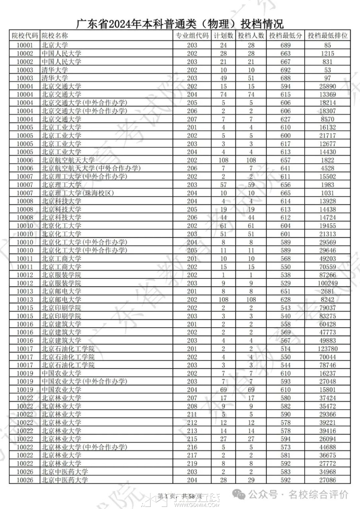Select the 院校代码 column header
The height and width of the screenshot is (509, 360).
pos(25,35)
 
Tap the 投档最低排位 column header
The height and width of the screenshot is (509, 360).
pos(328,35)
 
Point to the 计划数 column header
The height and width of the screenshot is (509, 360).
pos(223,35)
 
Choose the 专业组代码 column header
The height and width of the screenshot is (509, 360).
pos(192,35)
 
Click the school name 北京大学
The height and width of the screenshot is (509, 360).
pos(55,45)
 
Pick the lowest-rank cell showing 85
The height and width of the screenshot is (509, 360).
pos(328,45)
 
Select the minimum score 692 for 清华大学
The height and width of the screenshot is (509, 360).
pos(285,70)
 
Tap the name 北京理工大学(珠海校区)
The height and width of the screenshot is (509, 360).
pos(78,193)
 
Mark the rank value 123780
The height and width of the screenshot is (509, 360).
pos(328,349)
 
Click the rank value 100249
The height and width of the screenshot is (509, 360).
pos(328,283)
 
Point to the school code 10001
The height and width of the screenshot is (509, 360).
pos(25,45)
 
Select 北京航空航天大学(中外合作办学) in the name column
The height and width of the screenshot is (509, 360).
pos(91,168)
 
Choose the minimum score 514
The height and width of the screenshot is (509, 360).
pos(285,349)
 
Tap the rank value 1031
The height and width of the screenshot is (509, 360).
pos(328,193)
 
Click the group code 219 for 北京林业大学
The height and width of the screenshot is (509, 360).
pos(192,463)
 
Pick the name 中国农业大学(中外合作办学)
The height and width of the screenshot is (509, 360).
pos(84,382)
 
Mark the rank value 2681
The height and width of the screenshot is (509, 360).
pos(328,291)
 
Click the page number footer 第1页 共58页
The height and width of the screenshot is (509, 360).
pos(180,496)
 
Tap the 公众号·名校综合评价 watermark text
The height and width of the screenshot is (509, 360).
pos(298,494)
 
